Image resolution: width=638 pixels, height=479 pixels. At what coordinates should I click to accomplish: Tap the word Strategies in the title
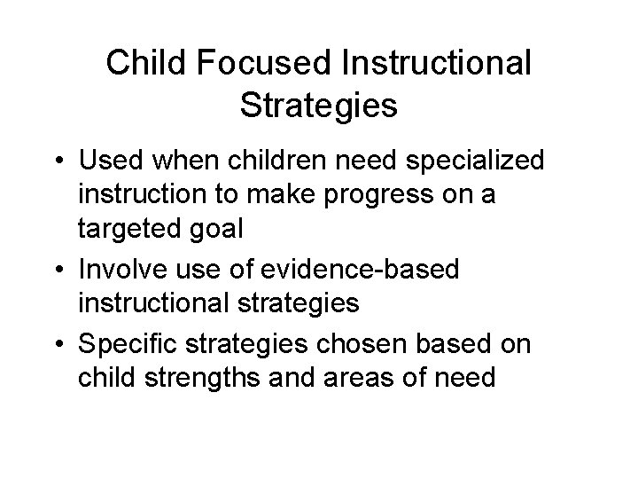318,106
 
